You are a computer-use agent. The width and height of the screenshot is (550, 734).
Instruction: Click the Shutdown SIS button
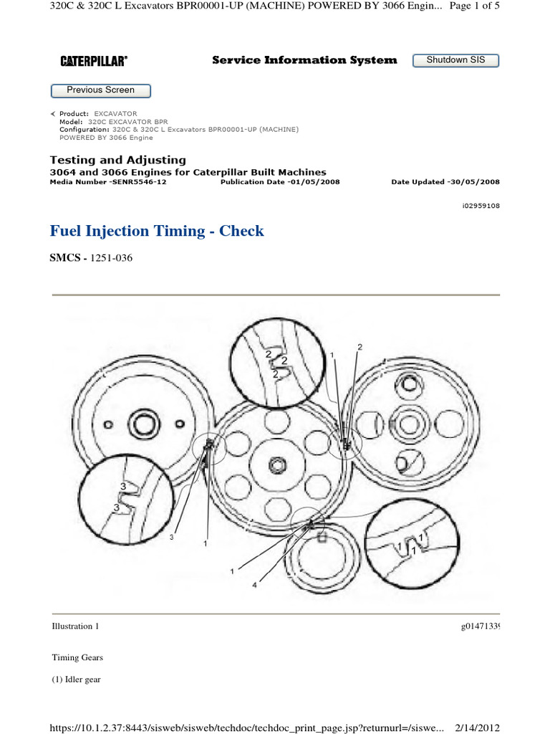455,60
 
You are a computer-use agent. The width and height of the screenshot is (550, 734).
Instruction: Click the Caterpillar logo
94,62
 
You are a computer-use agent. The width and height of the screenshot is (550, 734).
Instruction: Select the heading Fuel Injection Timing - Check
157,231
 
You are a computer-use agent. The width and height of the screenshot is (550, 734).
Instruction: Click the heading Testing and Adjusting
117,160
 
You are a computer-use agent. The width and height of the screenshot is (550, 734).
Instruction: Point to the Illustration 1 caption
75,626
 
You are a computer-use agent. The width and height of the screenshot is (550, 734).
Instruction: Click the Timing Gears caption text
72,657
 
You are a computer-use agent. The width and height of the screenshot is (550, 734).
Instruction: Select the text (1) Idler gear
76,680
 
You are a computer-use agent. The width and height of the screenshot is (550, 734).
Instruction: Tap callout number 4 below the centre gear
254,584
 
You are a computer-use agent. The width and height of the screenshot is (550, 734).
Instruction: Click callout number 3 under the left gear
172,537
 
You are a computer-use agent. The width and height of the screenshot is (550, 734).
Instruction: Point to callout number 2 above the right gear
360,347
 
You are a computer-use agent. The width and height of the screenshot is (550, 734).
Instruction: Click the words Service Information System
304,60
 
